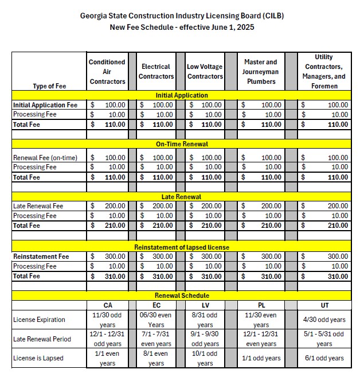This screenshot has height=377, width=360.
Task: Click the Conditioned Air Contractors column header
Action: tap(107, 72)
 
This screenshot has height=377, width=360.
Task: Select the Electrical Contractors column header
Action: tap(156, 72)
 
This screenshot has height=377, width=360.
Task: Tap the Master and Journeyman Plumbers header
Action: tap(260, 72)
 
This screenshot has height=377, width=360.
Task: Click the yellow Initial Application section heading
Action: tap(182, 95)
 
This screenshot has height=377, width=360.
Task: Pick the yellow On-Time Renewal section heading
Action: tap(182, 145)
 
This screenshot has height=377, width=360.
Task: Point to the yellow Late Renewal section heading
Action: tap(182, 197)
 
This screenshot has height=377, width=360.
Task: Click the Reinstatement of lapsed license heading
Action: tap(182, 247)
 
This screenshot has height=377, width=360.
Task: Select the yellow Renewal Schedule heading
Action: tap(182, 296)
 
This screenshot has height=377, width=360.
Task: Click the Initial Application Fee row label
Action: tap(45, 105)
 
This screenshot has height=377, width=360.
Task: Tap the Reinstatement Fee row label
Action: tap(41, 256)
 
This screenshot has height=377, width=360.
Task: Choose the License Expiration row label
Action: tap(39, 320)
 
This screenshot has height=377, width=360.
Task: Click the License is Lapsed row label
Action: tap(38, 359)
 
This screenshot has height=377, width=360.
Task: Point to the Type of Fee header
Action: tap(49, 85)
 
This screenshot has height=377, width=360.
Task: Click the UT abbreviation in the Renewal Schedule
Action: tap(324, 305)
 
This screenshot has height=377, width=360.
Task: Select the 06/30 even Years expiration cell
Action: tap(156, 320)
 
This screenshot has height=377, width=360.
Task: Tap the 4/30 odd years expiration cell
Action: tap(324, 320)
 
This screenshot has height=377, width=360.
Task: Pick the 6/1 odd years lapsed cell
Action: tap(324, 359)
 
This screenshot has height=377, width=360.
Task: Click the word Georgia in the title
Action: tap(95, 15)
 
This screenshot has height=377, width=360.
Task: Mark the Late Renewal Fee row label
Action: tap(38, 206)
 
